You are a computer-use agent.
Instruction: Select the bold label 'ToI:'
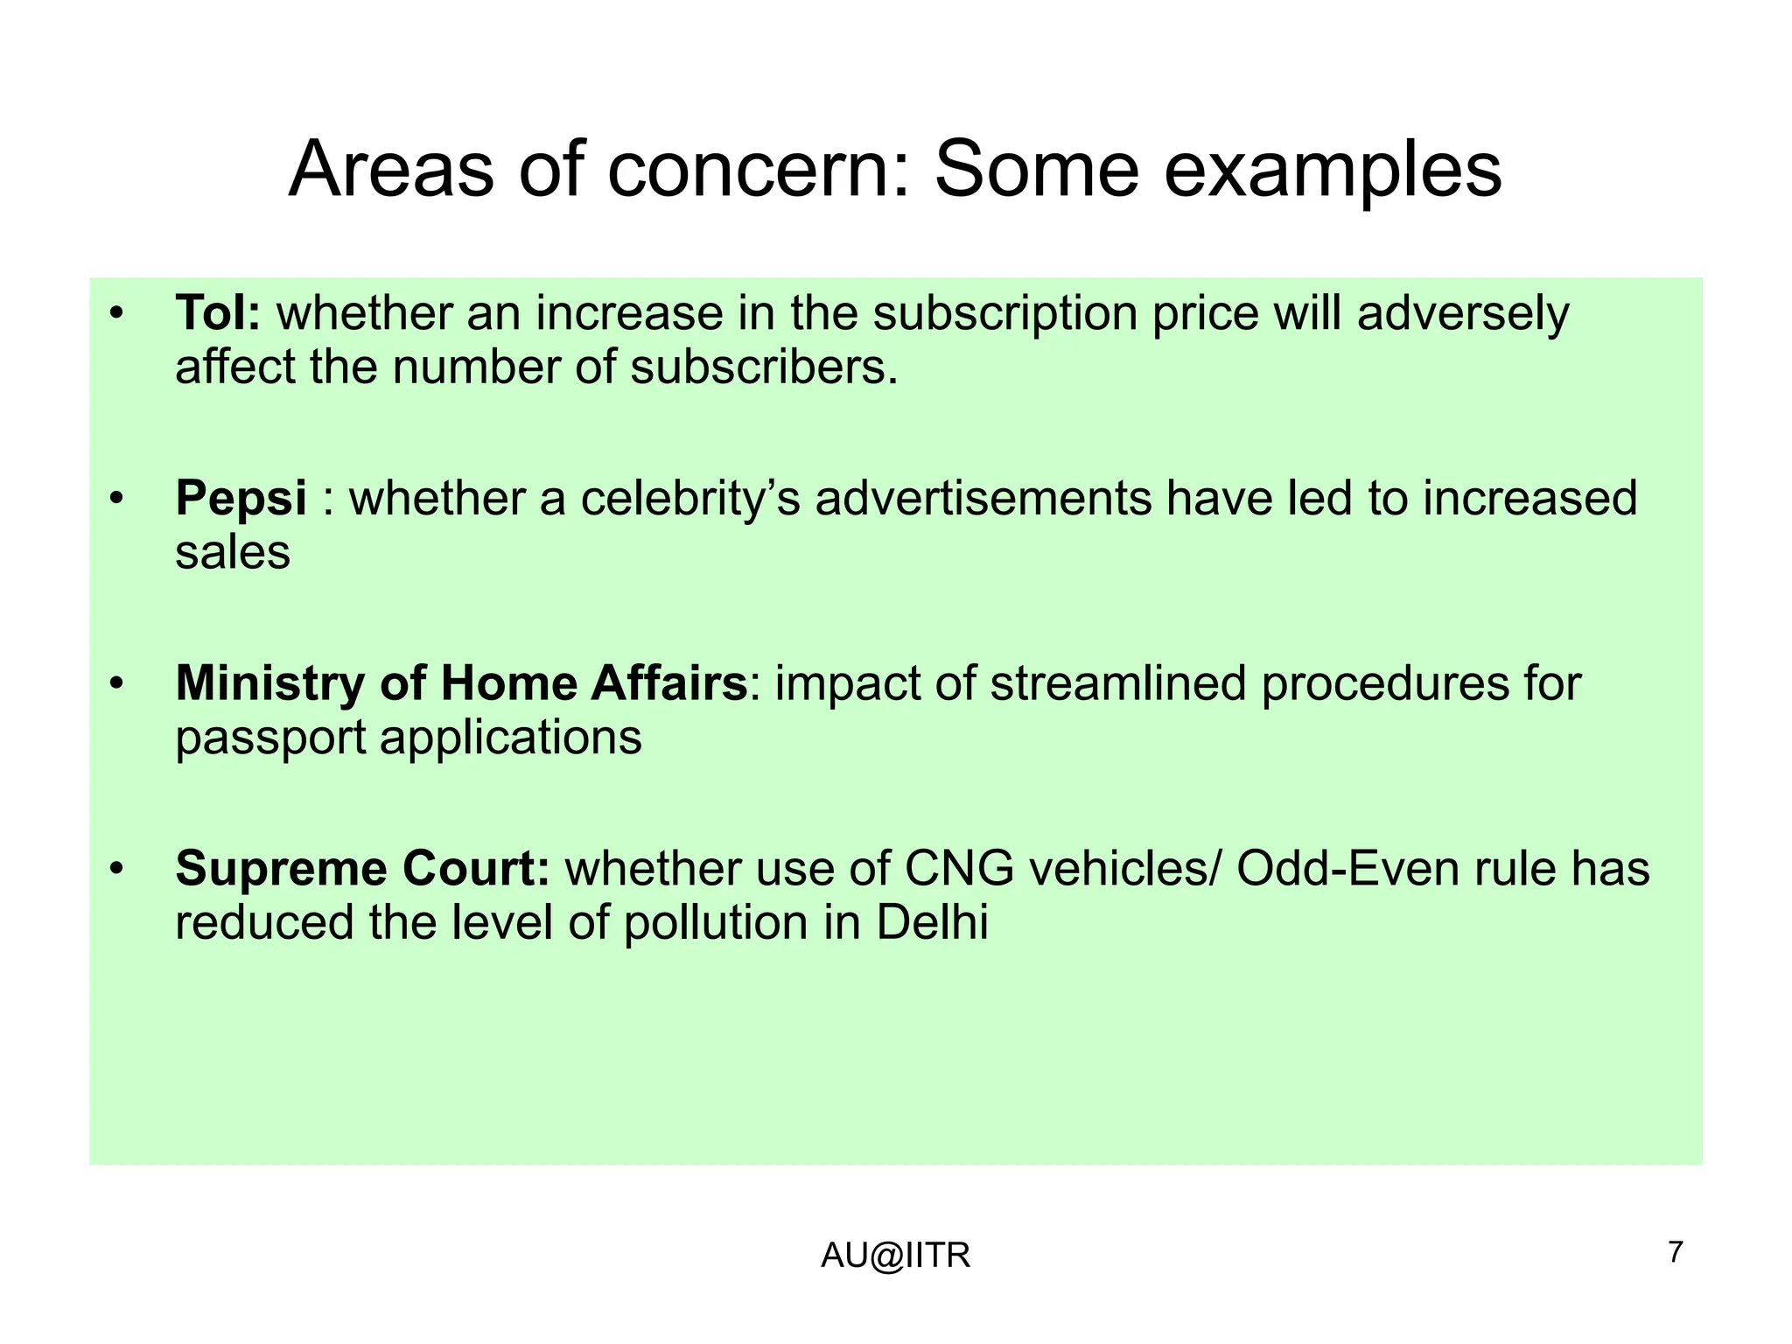(x=218, y=312)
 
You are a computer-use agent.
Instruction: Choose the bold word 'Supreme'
(x=282, y=869)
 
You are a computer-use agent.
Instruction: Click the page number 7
(x=1676, y=1252)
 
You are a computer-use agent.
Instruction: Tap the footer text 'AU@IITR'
(x=895, y=1256)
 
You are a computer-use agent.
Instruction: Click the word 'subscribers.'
(x=764, y=367)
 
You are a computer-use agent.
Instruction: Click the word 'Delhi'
(x=932, y=923)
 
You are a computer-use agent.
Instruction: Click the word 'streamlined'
(x=1117, y=683)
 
